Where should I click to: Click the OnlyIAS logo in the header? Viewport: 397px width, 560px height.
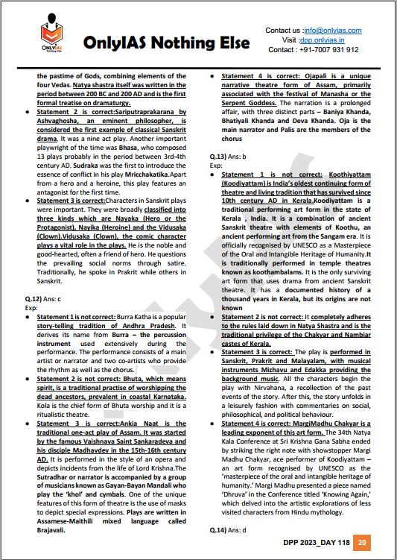51,37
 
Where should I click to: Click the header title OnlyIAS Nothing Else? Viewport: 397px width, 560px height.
167,43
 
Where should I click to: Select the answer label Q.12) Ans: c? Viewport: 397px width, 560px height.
48,298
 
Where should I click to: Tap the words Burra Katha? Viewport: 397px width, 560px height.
133,316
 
